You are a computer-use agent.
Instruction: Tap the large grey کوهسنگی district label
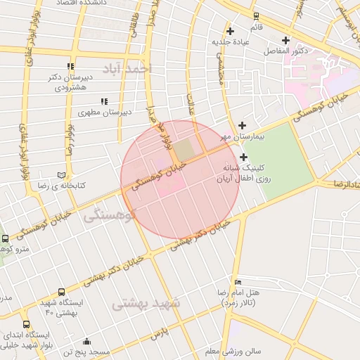[x=109, y=217]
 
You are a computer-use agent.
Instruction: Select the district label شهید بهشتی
[x=146, y=304]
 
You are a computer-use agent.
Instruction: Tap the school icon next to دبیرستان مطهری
[x=104, y=102]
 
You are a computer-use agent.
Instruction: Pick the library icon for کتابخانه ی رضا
[x=61, y=174]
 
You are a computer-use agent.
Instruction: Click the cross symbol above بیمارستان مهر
[x=243, y=124]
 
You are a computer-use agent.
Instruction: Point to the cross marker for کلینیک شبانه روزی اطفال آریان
[x=243, y=157]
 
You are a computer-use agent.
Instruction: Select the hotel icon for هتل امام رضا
[x=237, y=281]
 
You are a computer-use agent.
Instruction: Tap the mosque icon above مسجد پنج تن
[x=86, y=341]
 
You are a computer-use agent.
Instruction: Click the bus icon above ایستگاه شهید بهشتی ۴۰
[x=61, y=292]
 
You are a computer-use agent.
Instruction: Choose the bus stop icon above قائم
[x=256, y=16]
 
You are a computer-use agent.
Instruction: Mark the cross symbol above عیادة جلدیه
[x=231, y=31]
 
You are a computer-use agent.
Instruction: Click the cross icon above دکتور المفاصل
[x=285, y=40]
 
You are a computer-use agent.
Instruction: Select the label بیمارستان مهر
[x=241, y=135]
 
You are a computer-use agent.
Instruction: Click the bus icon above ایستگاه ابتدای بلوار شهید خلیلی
[x=27, y=325]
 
